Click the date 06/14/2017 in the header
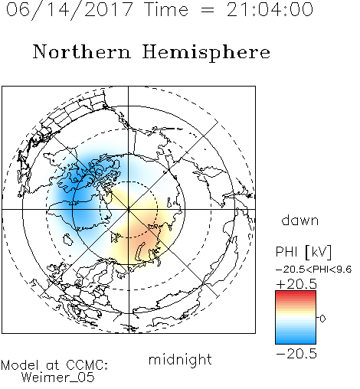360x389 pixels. [69, 9]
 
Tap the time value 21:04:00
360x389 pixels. [270, 9]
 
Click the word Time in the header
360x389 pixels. [166, 9]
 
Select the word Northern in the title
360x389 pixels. [82, 52]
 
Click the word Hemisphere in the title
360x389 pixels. [206, 53]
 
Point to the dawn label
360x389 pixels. [300, 220]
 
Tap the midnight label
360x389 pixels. [180, 359]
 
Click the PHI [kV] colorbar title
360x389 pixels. [303, 252]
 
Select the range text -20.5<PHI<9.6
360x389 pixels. [314, 270]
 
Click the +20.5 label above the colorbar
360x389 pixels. [296, 284]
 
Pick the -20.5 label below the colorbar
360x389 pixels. [296, 354]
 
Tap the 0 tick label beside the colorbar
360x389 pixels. [322, 319]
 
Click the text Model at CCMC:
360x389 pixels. [54, 365]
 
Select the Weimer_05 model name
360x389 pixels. [58, 378]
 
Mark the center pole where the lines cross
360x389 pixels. [129, 209]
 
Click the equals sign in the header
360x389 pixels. [208, 10]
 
